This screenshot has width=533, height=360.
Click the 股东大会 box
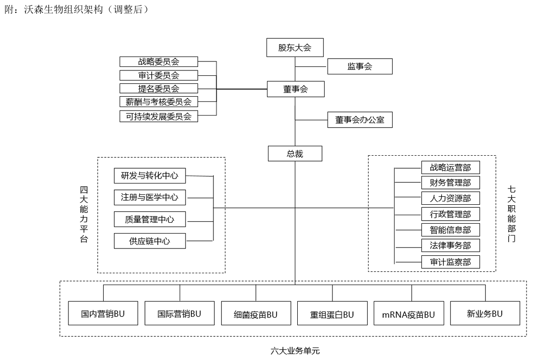coord(295,48)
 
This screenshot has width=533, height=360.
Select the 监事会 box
coord(360,66)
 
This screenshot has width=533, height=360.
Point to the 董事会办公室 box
coord(360,120)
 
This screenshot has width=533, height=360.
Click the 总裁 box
coord(295,153)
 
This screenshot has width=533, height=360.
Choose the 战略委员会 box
coord(159,62)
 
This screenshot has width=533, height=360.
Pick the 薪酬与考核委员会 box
coord(159,102)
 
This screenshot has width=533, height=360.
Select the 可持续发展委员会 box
coord(159,117)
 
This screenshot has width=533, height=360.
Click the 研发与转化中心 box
coord(149,175)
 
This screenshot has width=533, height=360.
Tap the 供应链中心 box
coord(149,241)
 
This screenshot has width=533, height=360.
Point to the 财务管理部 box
coord(451,183)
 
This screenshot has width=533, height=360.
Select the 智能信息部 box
coord(451,230)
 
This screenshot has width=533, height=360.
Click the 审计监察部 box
coord(451,261)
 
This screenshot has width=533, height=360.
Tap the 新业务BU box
coord(485,313)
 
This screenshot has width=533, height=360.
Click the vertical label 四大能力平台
coord(84,214)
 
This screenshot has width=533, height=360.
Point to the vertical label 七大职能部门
coord(512,214)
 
